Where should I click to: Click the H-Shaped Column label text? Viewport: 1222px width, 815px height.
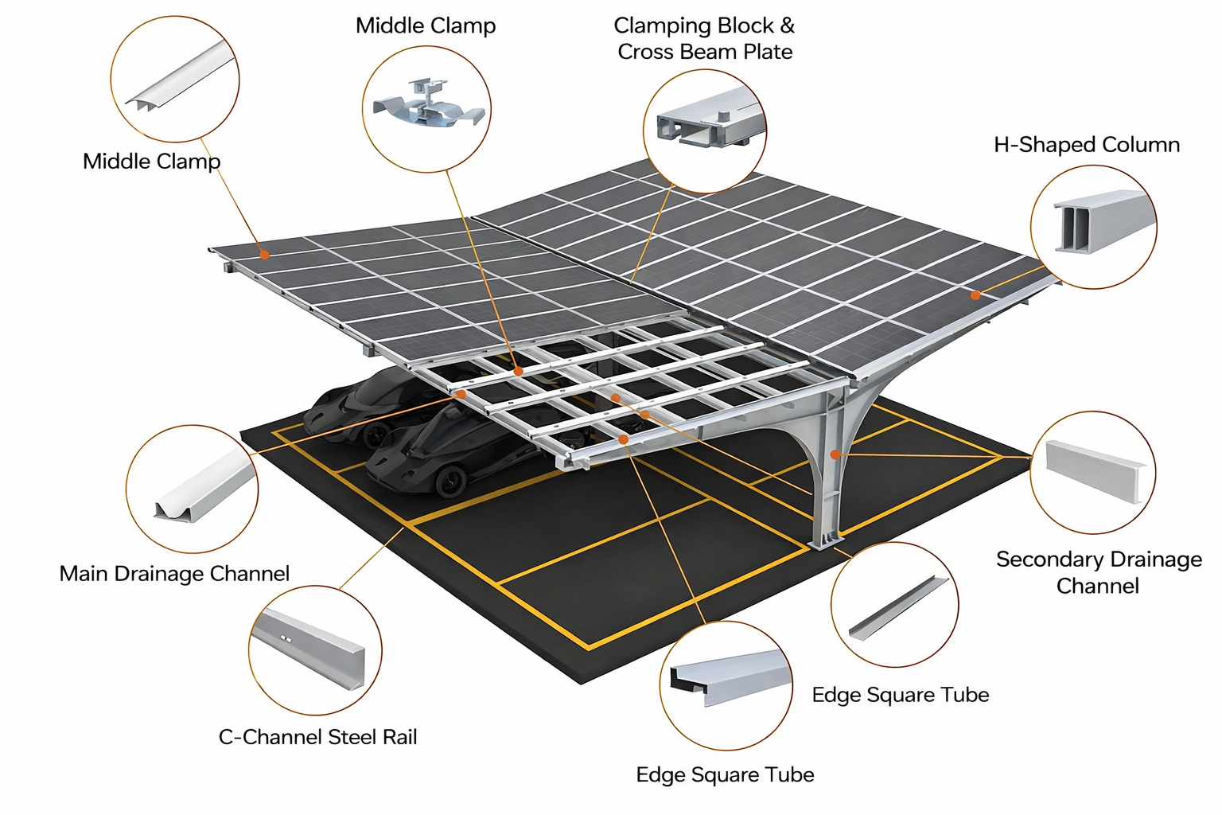(x=1086, y=145)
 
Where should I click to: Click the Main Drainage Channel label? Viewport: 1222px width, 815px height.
(x=174, y=574)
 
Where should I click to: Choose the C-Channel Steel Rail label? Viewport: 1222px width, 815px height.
(x=317, y=737)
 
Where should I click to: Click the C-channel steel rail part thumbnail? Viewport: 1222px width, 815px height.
(x=309, y=649)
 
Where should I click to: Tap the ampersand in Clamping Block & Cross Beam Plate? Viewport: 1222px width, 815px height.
(x=787, y=25)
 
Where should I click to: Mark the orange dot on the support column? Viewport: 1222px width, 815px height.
(x=835, y=454)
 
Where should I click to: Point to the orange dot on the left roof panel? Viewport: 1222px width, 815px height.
(x=264, y=255)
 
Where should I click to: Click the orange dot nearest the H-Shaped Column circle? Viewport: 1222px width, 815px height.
(x=975, y=294)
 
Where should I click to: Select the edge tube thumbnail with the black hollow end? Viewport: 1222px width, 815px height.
(x=726, y=678)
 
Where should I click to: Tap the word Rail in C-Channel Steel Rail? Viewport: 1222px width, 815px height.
(x=400, y=737)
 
